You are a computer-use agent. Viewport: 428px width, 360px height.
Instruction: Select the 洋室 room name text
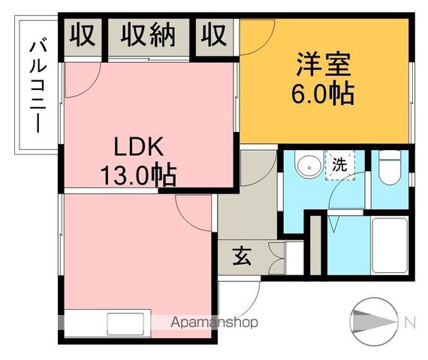tap(322, 64)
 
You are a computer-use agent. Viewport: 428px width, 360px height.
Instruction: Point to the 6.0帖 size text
tap(323, 94)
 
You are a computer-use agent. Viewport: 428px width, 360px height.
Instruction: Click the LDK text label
tap(139, 146)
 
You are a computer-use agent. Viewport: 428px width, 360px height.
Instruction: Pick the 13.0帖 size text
tap(139, 175)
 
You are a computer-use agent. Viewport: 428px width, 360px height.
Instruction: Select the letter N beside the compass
tap(410, 322)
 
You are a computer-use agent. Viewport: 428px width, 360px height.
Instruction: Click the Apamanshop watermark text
tap(215, 323)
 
